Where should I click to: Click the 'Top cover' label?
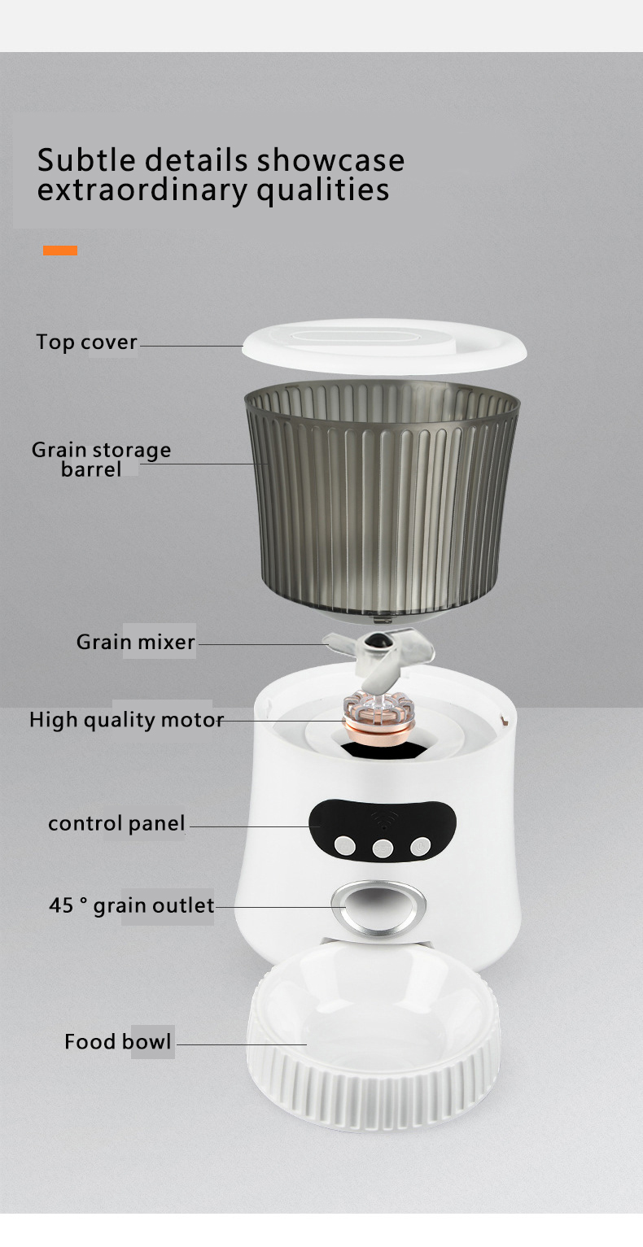86,342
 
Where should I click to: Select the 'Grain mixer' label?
136,642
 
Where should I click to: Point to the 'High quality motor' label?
126,720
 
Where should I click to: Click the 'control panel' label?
116,823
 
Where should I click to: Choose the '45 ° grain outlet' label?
132,905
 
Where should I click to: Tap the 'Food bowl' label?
118,1042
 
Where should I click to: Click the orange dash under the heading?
60,251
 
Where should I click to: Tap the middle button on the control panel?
383,848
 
